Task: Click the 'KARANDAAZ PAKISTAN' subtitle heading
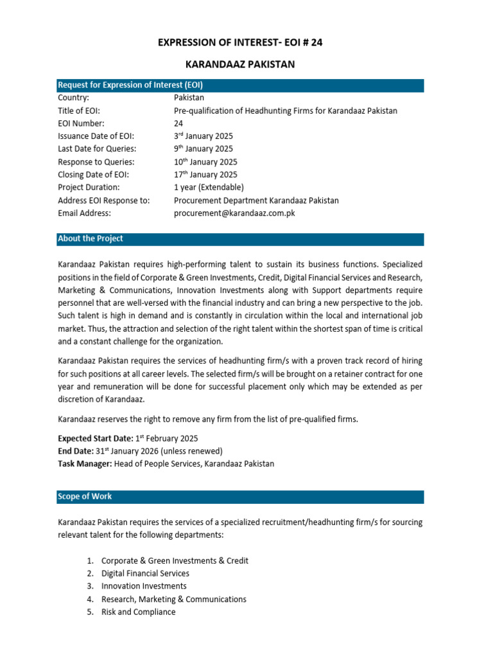[x=240, y=66]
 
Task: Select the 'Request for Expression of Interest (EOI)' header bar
[x=240, y=85]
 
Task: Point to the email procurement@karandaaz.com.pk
[x=234, y=213]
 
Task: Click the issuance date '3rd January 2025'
[x=203, y=136]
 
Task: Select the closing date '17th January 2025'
[x=205, y=175]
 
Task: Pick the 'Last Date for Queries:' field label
[x=96, y=149]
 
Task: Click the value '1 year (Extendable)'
[x=209, y=188]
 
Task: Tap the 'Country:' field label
[x=73, y=98]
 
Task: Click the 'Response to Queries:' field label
[x=96, y=162]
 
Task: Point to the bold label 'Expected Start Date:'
[x=94, y=438]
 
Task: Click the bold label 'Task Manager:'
[x=85, y=464]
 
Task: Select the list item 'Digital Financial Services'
[x=145, y=573]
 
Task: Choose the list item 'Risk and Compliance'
[x=138, y=612]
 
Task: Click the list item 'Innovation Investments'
[x=144, y=586]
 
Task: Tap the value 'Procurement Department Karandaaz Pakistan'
[x=256, y=200]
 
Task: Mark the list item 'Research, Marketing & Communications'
[x=173, y=599]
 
